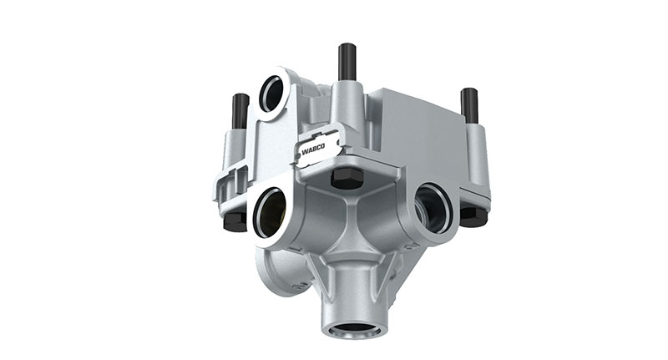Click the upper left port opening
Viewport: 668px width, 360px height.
click(272, 93)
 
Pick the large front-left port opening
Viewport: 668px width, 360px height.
click(270, 212)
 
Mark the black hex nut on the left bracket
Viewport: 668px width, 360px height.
click(235, 221)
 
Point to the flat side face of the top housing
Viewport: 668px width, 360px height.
click(417, 134)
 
